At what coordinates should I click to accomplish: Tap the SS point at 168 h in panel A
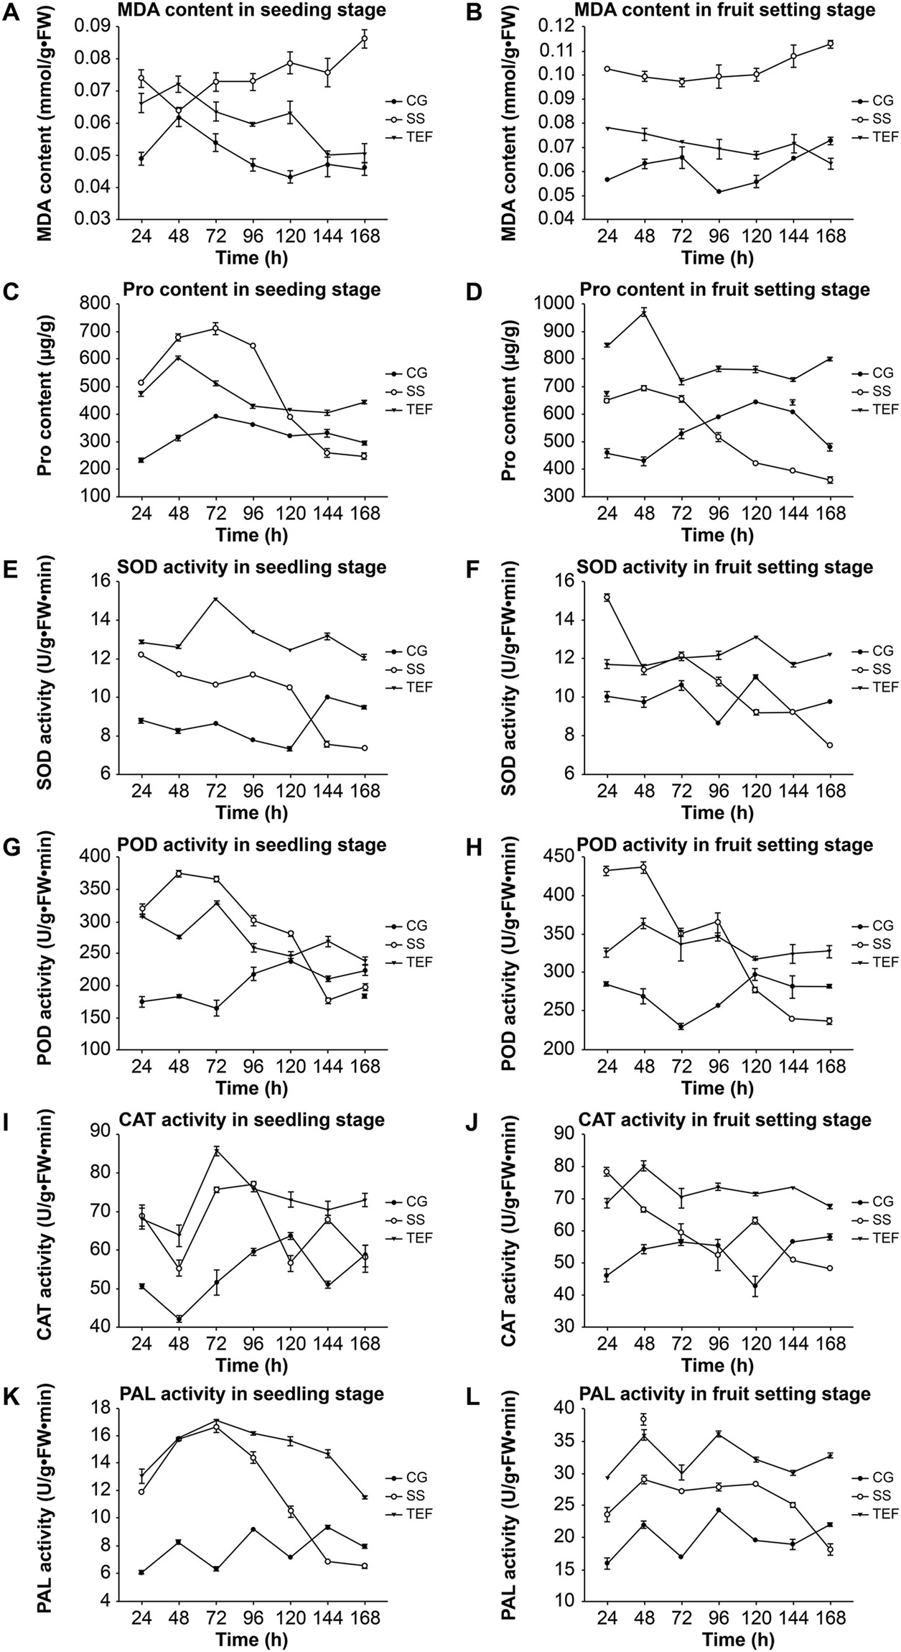[x=365, y=39]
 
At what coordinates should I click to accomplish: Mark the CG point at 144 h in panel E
[x=327, y=697]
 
